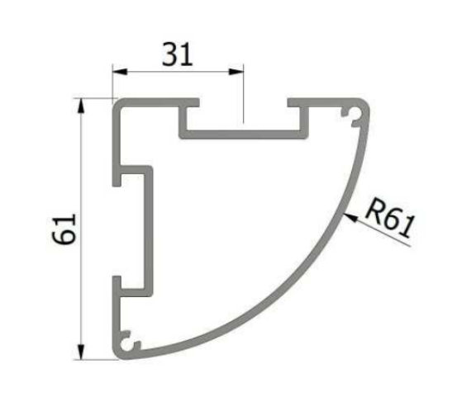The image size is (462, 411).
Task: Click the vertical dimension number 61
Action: point(64,229)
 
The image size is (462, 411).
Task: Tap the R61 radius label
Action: point(388,220)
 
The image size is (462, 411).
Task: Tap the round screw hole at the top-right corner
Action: point(356,116)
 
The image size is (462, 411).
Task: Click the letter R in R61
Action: point(371,214)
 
